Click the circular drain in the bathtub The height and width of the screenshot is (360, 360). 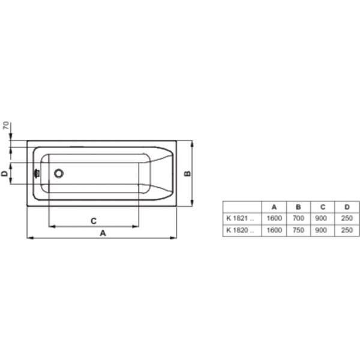[x=59, y=173]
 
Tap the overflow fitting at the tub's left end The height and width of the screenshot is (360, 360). [x=37, y=173]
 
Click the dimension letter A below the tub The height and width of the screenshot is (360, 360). [x=103, y=233]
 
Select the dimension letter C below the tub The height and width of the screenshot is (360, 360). [x=94, y=221]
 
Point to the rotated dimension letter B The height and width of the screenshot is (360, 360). [x=187, y=173]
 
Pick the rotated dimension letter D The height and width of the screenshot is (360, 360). [x=5, y=173]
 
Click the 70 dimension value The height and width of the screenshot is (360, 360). [x=6, y=125]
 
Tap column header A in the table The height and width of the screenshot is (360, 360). [x=274, y=207]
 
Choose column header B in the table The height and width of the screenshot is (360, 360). [x=298, y=207]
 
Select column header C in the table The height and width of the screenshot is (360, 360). [x=323, y=207]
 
